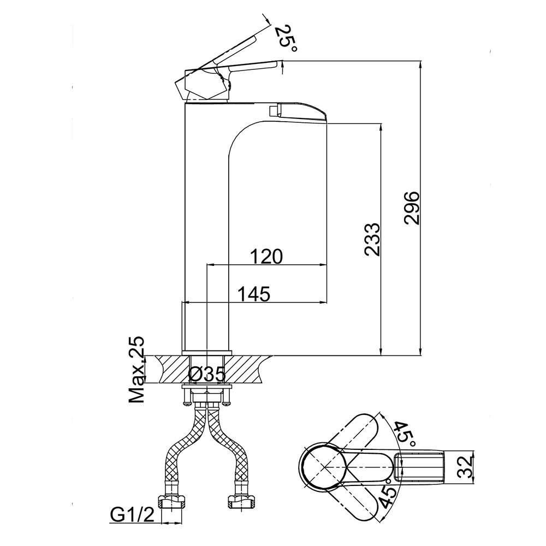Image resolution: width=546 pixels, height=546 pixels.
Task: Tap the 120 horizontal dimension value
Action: click(x=266, y=257)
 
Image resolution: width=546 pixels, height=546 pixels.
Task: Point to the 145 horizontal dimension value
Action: click(x=254, y=294)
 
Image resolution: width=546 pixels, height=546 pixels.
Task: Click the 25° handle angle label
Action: click(x=286, y=38)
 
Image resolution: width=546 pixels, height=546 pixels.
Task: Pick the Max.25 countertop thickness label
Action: click(x=136, y=370)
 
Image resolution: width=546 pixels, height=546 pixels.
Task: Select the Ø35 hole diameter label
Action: click(x=207, y=375)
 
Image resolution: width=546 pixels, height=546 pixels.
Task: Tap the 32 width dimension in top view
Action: click(x=465, y=467)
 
